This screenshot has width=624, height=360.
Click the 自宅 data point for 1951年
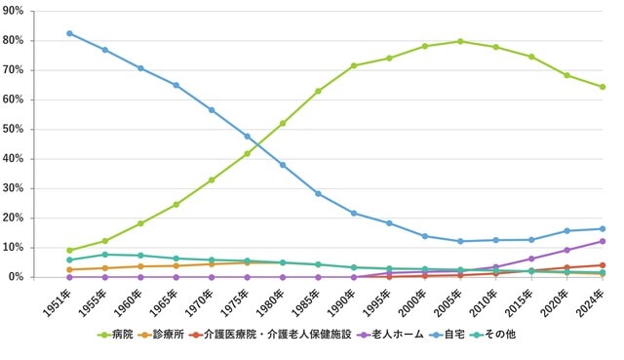click(x=69, y=33)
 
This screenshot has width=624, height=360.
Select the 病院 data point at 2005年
click(x=460, y=41)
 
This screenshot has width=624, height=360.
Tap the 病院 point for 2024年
click(x=603, y=87)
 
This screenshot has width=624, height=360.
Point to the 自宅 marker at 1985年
click(x=318, y=193)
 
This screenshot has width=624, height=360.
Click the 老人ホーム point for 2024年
click(x=603, y=241)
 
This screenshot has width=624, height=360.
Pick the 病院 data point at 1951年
click(x=69, y=251)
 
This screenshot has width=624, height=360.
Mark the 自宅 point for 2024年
click(x=603, y=229)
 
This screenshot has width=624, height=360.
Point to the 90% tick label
click(x=19, y=11)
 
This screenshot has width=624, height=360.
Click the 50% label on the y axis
click(x=19, y=129)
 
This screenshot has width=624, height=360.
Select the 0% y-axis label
click(x=22, y=277)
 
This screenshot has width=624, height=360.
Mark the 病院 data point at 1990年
click(x=354, y=65)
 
